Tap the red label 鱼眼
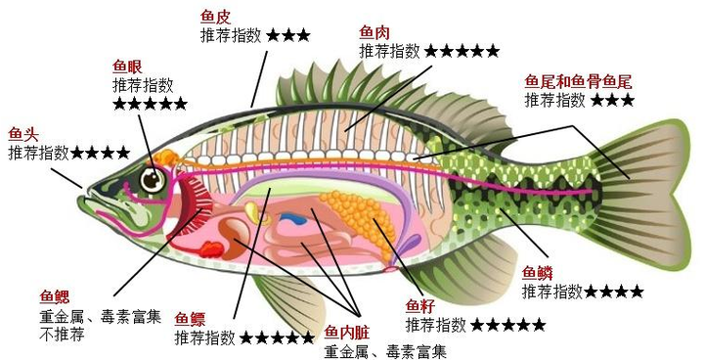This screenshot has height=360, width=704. point(128,67)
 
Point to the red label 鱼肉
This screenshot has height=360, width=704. point(375,32)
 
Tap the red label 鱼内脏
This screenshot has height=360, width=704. point(346,334)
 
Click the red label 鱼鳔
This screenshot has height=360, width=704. point(191,319)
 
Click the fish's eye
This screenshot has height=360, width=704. point(153,179)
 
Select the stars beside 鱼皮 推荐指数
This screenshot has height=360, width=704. point(288,35)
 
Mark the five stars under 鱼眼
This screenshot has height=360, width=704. point(150,104)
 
